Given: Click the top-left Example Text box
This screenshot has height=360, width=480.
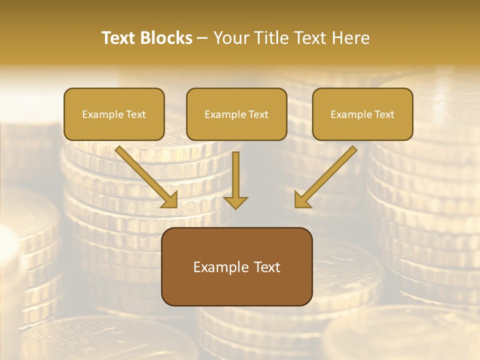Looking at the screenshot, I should (x=114, y=114).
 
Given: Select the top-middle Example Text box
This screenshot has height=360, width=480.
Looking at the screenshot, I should (x=236, y=114).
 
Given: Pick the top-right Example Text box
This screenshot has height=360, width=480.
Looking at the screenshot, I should (x=362, y=114).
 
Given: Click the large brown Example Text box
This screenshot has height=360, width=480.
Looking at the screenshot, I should (x=236, y=267).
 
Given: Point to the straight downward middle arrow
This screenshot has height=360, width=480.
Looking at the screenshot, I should (x=235, y=175).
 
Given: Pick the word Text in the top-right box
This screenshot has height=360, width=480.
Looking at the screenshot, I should (x=384, y=114).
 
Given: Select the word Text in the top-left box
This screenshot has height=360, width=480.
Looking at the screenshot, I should (x=136, y=114).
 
